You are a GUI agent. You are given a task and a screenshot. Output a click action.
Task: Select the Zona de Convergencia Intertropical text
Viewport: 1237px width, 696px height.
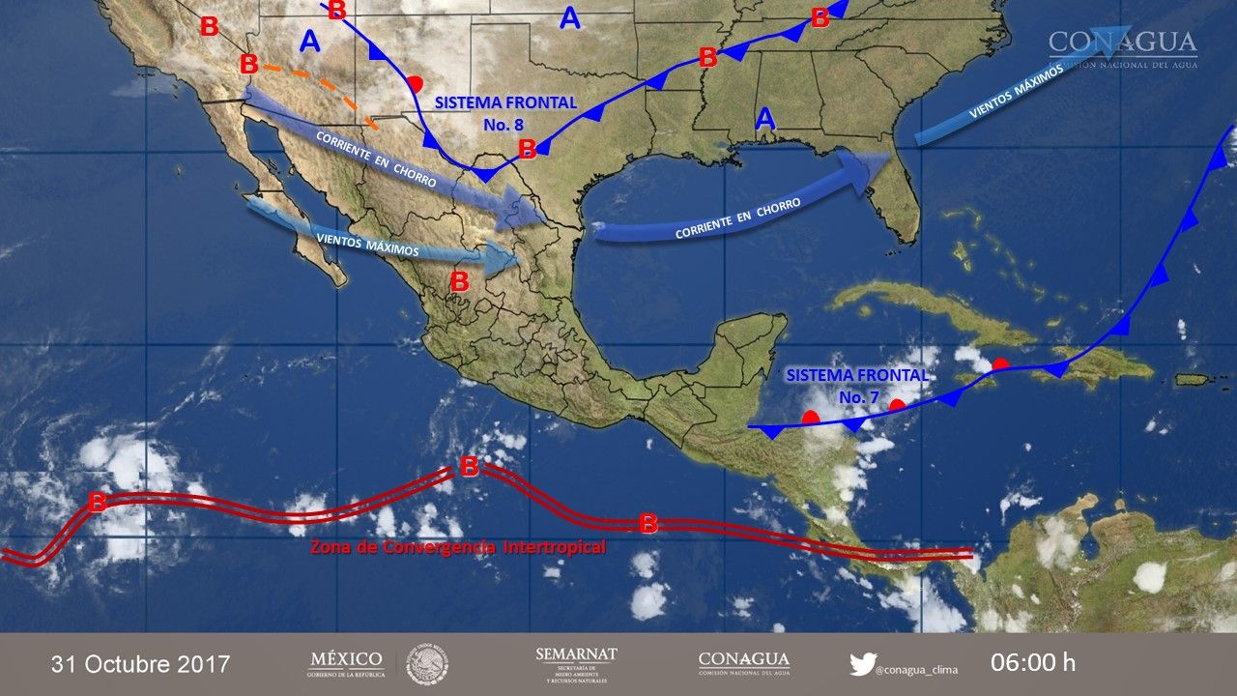point(458,548)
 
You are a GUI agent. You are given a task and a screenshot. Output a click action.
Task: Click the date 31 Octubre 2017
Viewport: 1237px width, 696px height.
point(140,664)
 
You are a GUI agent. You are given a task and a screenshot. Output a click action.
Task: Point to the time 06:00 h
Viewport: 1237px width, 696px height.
point(1032,663)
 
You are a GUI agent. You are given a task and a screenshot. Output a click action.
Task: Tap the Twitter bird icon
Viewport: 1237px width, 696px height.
point(862,664)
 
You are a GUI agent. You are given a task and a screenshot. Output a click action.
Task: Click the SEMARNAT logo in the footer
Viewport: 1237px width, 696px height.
point(576,663)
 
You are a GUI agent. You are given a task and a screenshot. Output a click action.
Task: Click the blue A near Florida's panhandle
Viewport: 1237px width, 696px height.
point(765,119)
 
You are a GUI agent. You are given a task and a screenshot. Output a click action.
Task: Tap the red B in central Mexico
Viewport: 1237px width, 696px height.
point(459,282)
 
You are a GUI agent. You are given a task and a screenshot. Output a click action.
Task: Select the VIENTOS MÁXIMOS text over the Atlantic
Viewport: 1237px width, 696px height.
point(1015,94)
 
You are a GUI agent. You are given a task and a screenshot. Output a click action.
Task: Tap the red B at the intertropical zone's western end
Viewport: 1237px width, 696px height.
point(97,502)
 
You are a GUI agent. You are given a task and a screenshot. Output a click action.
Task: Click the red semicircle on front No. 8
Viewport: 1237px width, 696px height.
point(415,83)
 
